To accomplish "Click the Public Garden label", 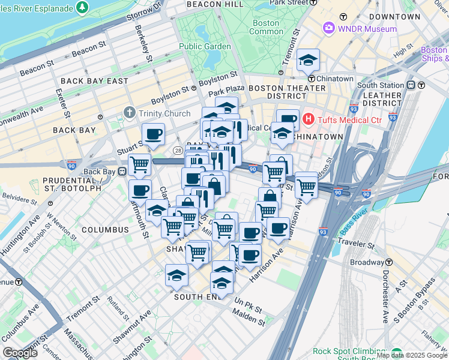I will coord(204,46).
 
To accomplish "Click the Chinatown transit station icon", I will coord(312,79).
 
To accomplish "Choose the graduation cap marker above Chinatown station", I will coord(309,60).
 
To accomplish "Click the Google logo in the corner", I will coord(20,353).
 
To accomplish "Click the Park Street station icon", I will coord(312,2).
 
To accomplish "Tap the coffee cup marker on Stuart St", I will coord(153,134).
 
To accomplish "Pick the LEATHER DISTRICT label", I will coord(382,100).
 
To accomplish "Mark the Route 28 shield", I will coord(178,150).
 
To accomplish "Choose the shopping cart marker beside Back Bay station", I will coord(140,164).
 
